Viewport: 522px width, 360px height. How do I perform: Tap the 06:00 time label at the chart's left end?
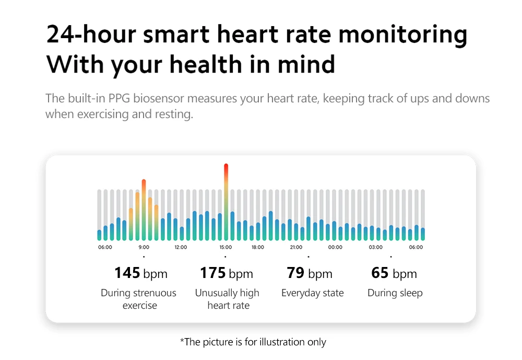(105, 247)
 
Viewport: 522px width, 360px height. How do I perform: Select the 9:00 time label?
(144, 247)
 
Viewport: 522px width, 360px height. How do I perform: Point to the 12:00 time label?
(181, 247)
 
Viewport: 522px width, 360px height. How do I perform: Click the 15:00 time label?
(226, 247)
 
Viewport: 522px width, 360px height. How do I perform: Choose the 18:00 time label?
(258, 247)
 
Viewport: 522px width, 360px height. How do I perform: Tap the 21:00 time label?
(296, 247)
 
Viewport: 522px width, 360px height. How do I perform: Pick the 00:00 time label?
(336, 247)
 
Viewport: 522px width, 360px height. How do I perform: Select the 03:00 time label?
(376, 247)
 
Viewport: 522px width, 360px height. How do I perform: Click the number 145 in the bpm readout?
(127, 273)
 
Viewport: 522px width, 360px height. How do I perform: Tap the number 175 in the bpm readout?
(212, 273)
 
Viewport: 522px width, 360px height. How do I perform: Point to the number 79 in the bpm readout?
(295, 273)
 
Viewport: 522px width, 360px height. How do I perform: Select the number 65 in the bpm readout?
(379, 273)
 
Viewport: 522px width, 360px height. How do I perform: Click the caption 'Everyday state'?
(312, 293)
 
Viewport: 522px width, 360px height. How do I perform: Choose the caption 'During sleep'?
(395, 293)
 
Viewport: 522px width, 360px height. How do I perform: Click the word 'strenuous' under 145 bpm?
(155, 293)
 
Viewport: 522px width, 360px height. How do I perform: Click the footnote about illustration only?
(253, 342)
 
